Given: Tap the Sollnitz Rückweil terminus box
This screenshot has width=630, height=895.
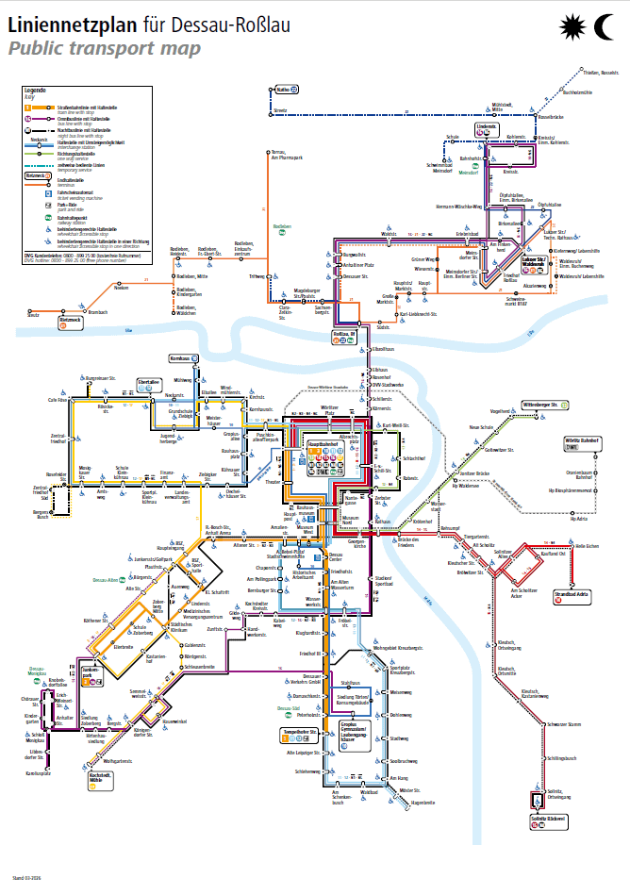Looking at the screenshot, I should (x=547, y=820).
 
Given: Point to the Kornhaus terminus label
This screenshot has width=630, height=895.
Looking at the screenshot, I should (x=182, y=359).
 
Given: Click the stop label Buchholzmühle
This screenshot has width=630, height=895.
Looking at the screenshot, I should (x=576, y=91).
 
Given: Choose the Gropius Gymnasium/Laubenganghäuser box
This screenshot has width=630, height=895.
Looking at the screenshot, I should (x=355, y=735).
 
